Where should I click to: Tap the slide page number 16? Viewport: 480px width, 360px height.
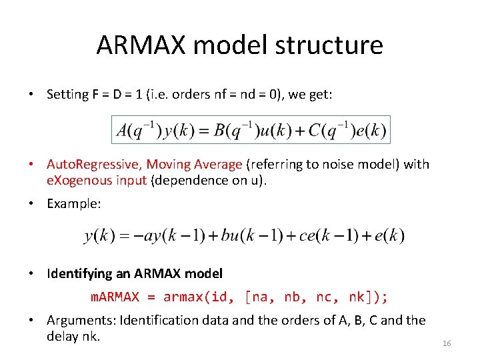pyautogui.click(x=447, y=343)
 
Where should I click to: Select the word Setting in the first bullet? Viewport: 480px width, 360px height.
pyautogui.click(x=67, y=94)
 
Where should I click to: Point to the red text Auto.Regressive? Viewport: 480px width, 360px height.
pyautogui.click(x=94, y=164)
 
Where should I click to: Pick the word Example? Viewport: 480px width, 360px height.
pyautogui.click(x=74, y=204)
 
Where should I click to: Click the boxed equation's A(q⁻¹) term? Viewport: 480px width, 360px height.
pyautogui.click(x=139, y=130)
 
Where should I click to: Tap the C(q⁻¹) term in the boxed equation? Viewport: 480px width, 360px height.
pyautogui.click(x=329, y=130)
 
